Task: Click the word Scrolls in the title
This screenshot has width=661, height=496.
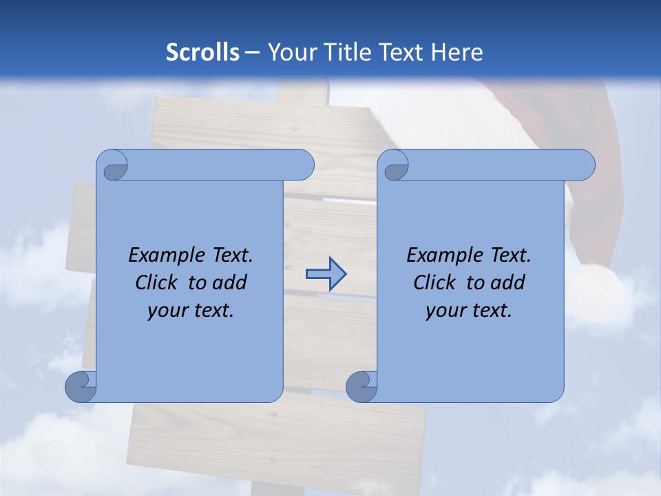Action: pyautogui.click(x=202, y=52)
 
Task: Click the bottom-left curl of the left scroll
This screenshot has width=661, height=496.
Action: pyautogui.click(x=81, y=387)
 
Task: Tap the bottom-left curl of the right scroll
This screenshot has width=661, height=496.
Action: pyautogui.click(x=361, y=387)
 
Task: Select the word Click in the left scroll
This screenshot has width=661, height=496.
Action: pyautogui.click(x=156, y=282)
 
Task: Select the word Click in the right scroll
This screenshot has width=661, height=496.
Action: pyautogui.click(x=434, y=282)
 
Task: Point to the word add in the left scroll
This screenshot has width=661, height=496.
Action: pyautogui.click(x=231, y=282)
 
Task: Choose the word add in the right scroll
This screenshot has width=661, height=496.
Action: pyautogui.click(x=509, y=282)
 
